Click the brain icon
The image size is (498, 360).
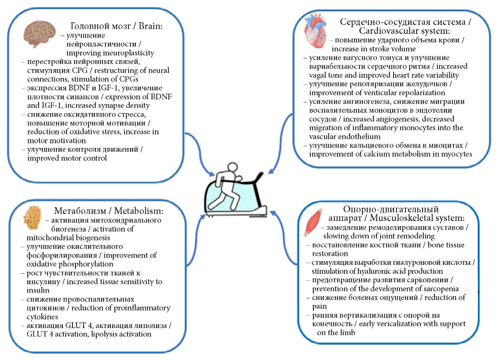39,34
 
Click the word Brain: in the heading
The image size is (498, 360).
151,26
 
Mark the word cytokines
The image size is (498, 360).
42,317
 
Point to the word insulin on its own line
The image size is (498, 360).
38,290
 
